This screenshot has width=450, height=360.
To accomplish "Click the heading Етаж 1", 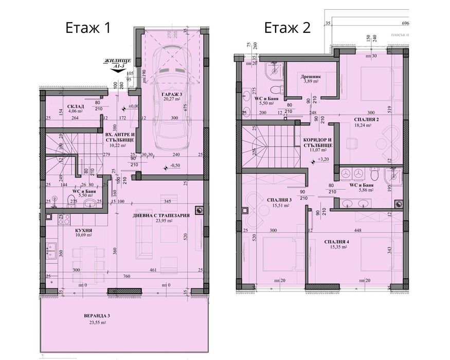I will pyautogui.click(x=87, y=27).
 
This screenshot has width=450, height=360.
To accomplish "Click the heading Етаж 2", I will pyautogui.click(x=287, y=27).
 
